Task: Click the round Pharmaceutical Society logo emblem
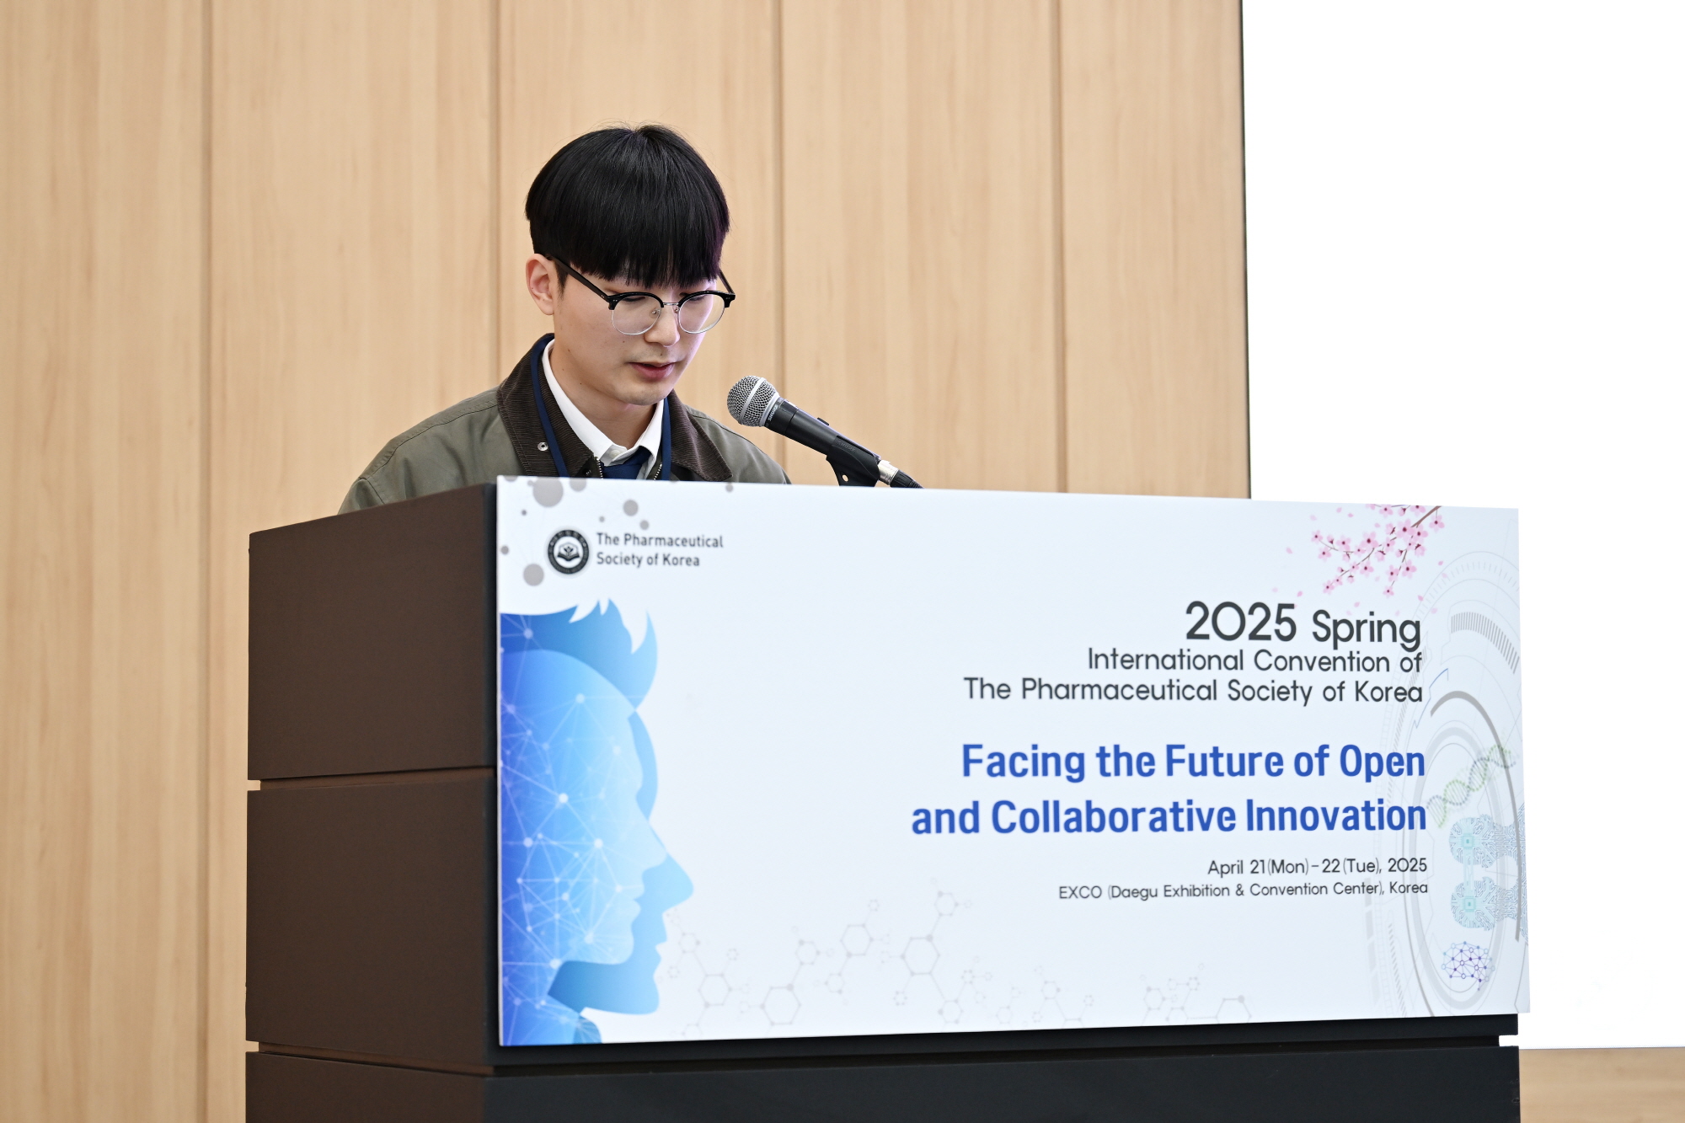point(569,552)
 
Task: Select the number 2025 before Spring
point(1240,623)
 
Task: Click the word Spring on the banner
point(1366,629)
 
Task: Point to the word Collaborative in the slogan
point(1114,817)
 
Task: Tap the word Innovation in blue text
point(1335,816)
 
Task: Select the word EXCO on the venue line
point(1080,892)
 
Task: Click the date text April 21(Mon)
point(1258,867)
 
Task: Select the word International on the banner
point(1166,660)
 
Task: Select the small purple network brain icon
point(1466,962)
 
